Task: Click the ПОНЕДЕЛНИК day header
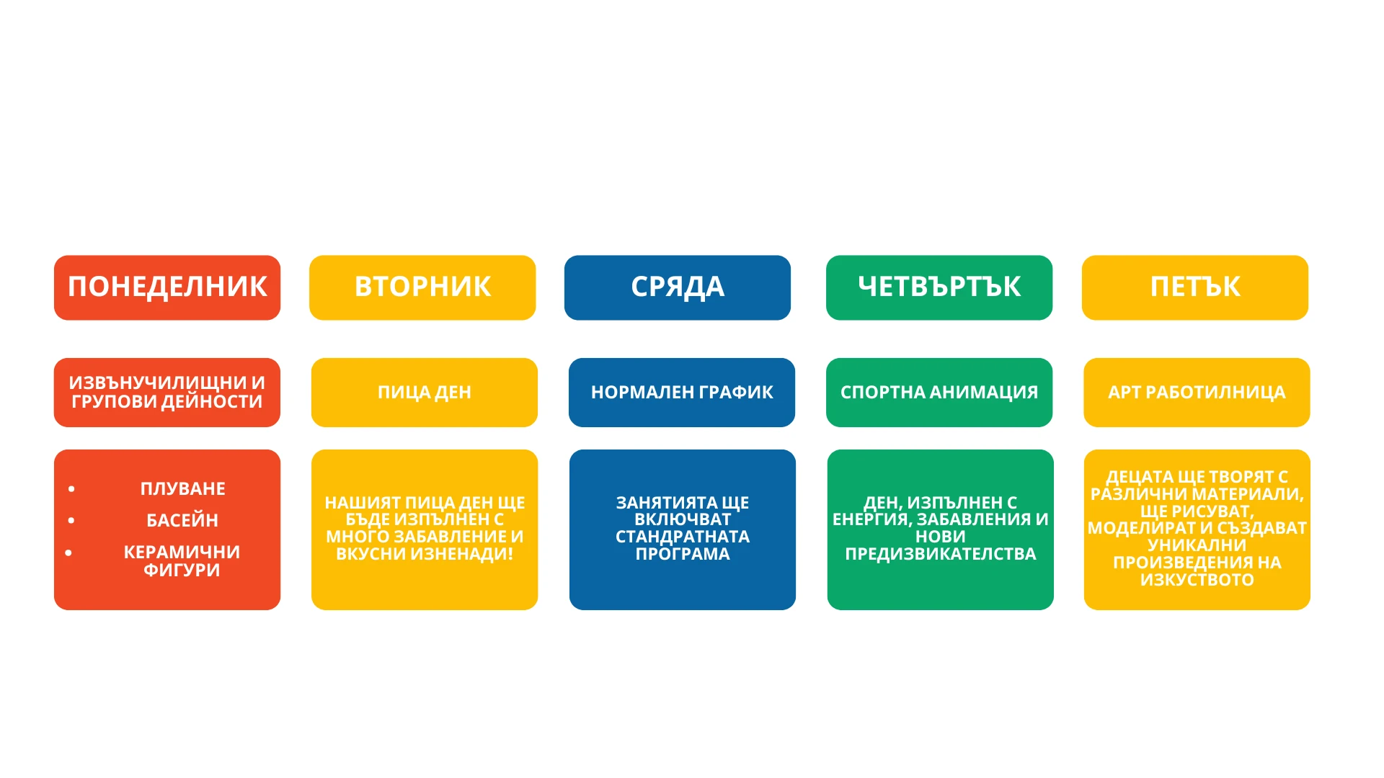[x=167, y=287]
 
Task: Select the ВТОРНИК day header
[x=422, y=287]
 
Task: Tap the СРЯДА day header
[x=678, y=287]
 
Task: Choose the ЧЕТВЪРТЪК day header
[x=939, y=287]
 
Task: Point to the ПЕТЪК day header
[x=1195, y=287]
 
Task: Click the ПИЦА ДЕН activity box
[x=425, y=393]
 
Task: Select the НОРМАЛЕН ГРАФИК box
[x=682, y=393]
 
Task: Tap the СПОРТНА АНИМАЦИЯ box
[x=939, y=393]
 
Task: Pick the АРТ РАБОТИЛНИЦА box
[x=1197, y=393]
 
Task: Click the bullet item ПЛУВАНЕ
[x=183, y=489]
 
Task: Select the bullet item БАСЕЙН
[x=182, y=520]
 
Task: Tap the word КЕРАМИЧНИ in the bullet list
[x=182, y=553]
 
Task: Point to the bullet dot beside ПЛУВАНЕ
[x=71, y=489]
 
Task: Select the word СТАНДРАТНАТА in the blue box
[x=683, y=537]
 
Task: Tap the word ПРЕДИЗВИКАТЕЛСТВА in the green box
[x=941, y=554]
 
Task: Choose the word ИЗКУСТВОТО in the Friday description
[x=1197, y=580]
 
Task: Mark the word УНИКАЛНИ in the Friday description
[x=1197, y=545]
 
